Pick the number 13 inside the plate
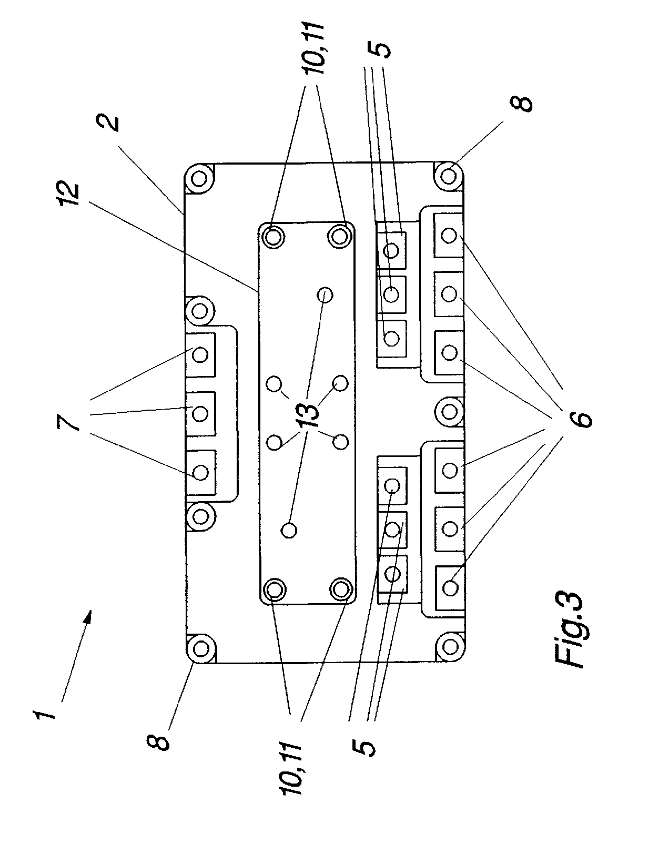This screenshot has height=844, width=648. (x=310, y=415)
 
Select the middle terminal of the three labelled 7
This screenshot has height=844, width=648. (x=200, y=413)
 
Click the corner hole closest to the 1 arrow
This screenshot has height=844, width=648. (x=201, y=650)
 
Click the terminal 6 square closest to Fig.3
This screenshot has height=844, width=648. (x=449, y=587)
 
